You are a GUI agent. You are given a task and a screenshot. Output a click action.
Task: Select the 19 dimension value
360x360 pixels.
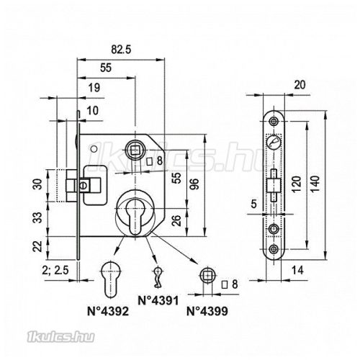point(94,88)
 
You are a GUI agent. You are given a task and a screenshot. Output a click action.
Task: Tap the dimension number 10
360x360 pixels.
point(92,111)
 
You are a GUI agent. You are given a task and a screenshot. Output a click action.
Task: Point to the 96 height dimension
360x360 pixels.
point(196,184)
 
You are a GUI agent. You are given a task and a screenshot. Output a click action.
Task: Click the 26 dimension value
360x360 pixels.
point(176,221)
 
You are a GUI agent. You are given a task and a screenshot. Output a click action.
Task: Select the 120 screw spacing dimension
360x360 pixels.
point(297,184)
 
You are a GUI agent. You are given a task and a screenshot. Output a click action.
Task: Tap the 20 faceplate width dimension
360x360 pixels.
point(300,85)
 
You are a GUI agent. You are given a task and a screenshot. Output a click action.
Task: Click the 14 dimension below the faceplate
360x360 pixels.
point(297,270)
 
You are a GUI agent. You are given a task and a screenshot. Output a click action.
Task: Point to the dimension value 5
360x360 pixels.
point(254,204)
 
